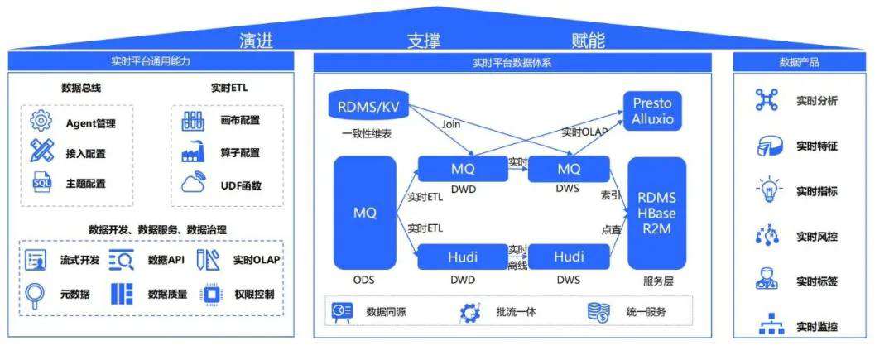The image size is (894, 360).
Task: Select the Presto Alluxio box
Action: (x=652, y=111)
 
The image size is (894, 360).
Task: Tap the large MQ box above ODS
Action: (x=364, y=213)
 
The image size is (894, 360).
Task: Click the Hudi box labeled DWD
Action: (x=463, y=257)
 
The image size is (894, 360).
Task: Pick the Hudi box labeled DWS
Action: (x=569, y=257)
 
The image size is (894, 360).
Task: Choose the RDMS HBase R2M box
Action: (x=656, y=213)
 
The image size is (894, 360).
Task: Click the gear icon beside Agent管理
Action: (x=41, y=122)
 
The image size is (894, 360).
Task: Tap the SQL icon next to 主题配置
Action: (x=41, y=182)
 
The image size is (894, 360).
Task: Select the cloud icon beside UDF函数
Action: (x=194, y=184)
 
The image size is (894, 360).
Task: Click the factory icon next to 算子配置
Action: (x=194, y=153)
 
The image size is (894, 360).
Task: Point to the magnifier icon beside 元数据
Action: (x=36, y=293)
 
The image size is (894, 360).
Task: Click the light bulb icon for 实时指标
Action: (x=766, y=190)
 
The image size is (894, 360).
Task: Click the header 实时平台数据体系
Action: (x=512, y=62)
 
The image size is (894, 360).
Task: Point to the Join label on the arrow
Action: (x=451, y=125)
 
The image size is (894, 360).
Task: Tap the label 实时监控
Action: (x=817, y=326)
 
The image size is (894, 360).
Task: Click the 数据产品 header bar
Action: (x=800, y=62)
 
